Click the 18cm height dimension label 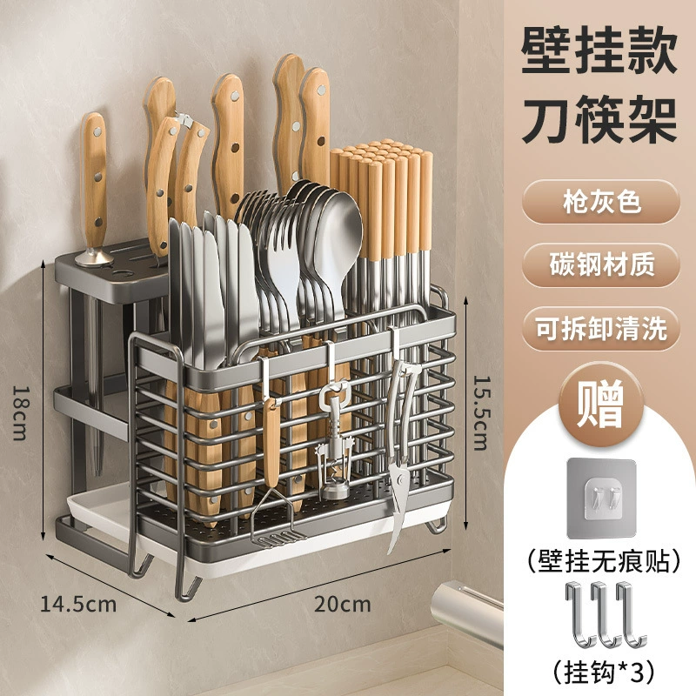click(20, 412)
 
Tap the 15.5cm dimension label click(480, 412)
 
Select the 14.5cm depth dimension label click(78, 604)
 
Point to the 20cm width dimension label click(342, 604)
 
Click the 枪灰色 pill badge click(600, 203)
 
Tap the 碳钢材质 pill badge click(600, 265)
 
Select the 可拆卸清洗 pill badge click(600, 329)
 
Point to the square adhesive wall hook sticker click(602, 499)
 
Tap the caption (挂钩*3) click(604, 673)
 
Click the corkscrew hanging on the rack click(333, 439)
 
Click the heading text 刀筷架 click(599, 120)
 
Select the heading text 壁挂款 click(599, 50)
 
